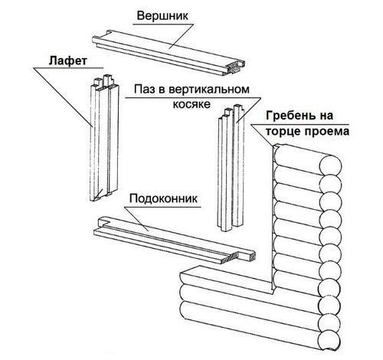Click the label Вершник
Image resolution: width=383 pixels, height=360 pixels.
[162, 16]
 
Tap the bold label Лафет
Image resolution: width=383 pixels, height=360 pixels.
[68, 61]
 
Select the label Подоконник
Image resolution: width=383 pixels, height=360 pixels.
[163, 198]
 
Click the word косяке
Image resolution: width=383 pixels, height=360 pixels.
[191, 104]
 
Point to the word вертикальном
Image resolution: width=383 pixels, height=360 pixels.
[209, 90]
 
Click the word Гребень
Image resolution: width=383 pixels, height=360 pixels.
[291, 116]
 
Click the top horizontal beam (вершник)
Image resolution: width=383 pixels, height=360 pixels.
[169, 52]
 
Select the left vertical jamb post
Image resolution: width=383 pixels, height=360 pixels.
[105, 138]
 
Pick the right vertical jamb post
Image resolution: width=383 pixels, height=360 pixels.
[231, 169]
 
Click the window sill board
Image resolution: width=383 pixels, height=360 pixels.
[174, 239]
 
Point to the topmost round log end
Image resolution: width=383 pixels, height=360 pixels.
[331, 165]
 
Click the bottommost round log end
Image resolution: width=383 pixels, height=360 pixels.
[329, 340]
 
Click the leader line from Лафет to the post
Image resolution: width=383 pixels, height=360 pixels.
[63, 97]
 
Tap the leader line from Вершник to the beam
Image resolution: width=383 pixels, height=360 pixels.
[181, 36]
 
